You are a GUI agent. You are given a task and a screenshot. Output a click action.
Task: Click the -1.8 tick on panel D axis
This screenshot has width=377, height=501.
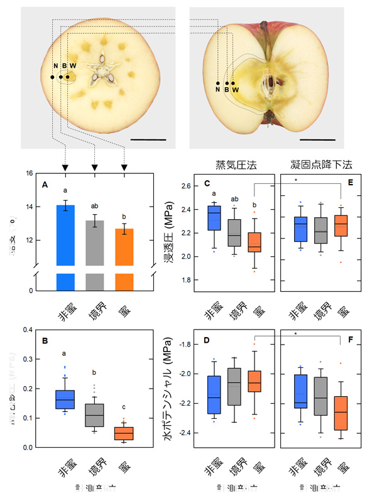[x=183, y=344]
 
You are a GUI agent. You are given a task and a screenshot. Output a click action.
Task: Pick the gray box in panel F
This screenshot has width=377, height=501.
[x=321, y=397]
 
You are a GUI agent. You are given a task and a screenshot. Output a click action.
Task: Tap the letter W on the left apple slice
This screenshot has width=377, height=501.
[x=73, y=66]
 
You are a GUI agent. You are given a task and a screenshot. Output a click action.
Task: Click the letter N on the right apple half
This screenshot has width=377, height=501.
[x=217, y=90]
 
